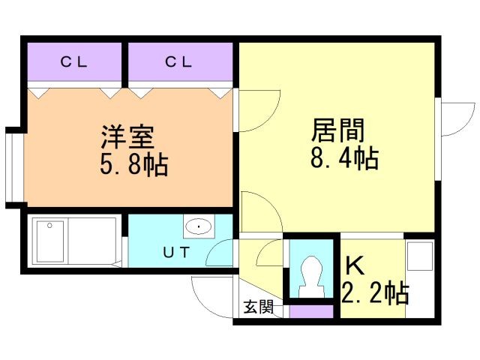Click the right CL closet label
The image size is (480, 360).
tap(179, 62)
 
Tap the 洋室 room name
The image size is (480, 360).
tap(128, 138)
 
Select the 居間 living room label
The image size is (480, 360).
tap(338, 132)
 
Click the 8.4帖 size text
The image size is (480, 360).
tap(343, 158)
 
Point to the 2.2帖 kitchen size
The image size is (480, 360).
tap(374, 292)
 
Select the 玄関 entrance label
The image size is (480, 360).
tap(257, 306)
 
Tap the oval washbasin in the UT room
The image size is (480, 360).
tap(198, 226)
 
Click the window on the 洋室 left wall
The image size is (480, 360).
tap(13, 167)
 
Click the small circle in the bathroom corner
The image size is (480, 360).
tap(49, 224)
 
